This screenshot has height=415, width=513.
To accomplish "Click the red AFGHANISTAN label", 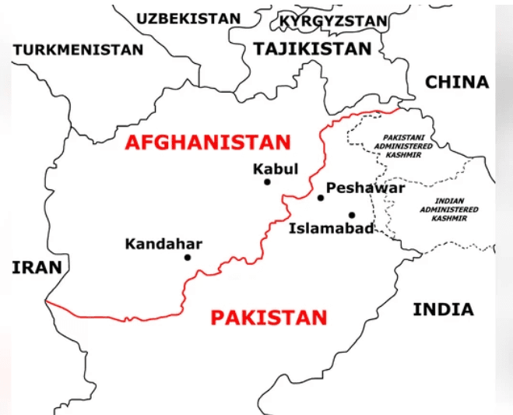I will (207, 142).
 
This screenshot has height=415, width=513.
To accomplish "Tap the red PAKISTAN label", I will (269, 318).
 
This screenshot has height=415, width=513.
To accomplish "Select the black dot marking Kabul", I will (267, 182).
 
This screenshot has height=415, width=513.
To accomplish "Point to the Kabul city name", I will (275, 168).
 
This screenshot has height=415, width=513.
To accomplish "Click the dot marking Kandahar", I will (188, 257).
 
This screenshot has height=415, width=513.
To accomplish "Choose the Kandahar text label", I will (163, 244).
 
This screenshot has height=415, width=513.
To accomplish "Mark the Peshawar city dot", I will (320, 198).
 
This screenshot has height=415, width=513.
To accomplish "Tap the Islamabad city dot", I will (352, 215).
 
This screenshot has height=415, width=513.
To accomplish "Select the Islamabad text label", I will (331, 228).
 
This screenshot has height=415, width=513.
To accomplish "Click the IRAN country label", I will (37, 268).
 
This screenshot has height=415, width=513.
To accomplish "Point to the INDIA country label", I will (442, 309).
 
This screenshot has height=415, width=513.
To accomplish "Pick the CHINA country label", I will (457, 82).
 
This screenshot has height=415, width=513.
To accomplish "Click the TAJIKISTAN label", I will (312, 48).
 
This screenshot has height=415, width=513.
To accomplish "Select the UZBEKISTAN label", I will (188, 18).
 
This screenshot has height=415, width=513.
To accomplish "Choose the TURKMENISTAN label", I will (78, 49).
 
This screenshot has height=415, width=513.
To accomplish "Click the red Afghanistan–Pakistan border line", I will (117, 318).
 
